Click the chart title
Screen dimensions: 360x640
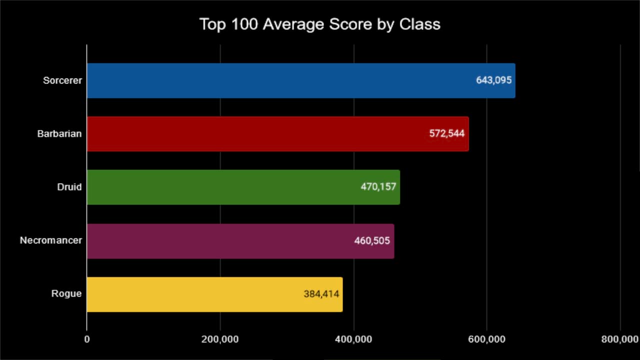click(320, 24)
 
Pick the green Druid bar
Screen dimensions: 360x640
click(220, 187)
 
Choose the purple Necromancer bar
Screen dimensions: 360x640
click(215, 240)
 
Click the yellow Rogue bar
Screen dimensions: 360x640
click(190, 294)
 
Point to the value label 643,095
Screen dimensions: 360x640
click(493, 80)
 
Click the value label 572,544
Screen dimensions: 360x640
click(447, 133)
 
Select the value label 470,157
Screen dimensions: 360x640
click(378, 187)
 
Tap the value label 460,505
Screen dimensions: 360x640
click(372, 240)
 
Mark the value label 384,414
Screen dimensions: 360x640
click(321, 294)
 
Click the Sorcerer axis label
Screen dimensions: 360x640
click(62, 80)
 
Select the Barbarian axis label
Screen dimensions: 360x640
click(59, 133)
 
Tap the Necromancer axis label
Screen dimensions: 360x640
click(50, 240)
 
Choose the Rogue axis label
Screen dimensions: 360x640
click(66, 294)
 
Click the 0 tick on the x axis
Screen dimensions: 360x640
click(87, 339)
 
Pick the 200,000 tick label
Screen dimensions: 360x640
click(220, 339)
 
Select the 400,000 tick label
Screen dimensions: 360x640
click(353, 339)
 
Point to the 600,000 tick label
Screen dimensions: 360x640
click(487, 339)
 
